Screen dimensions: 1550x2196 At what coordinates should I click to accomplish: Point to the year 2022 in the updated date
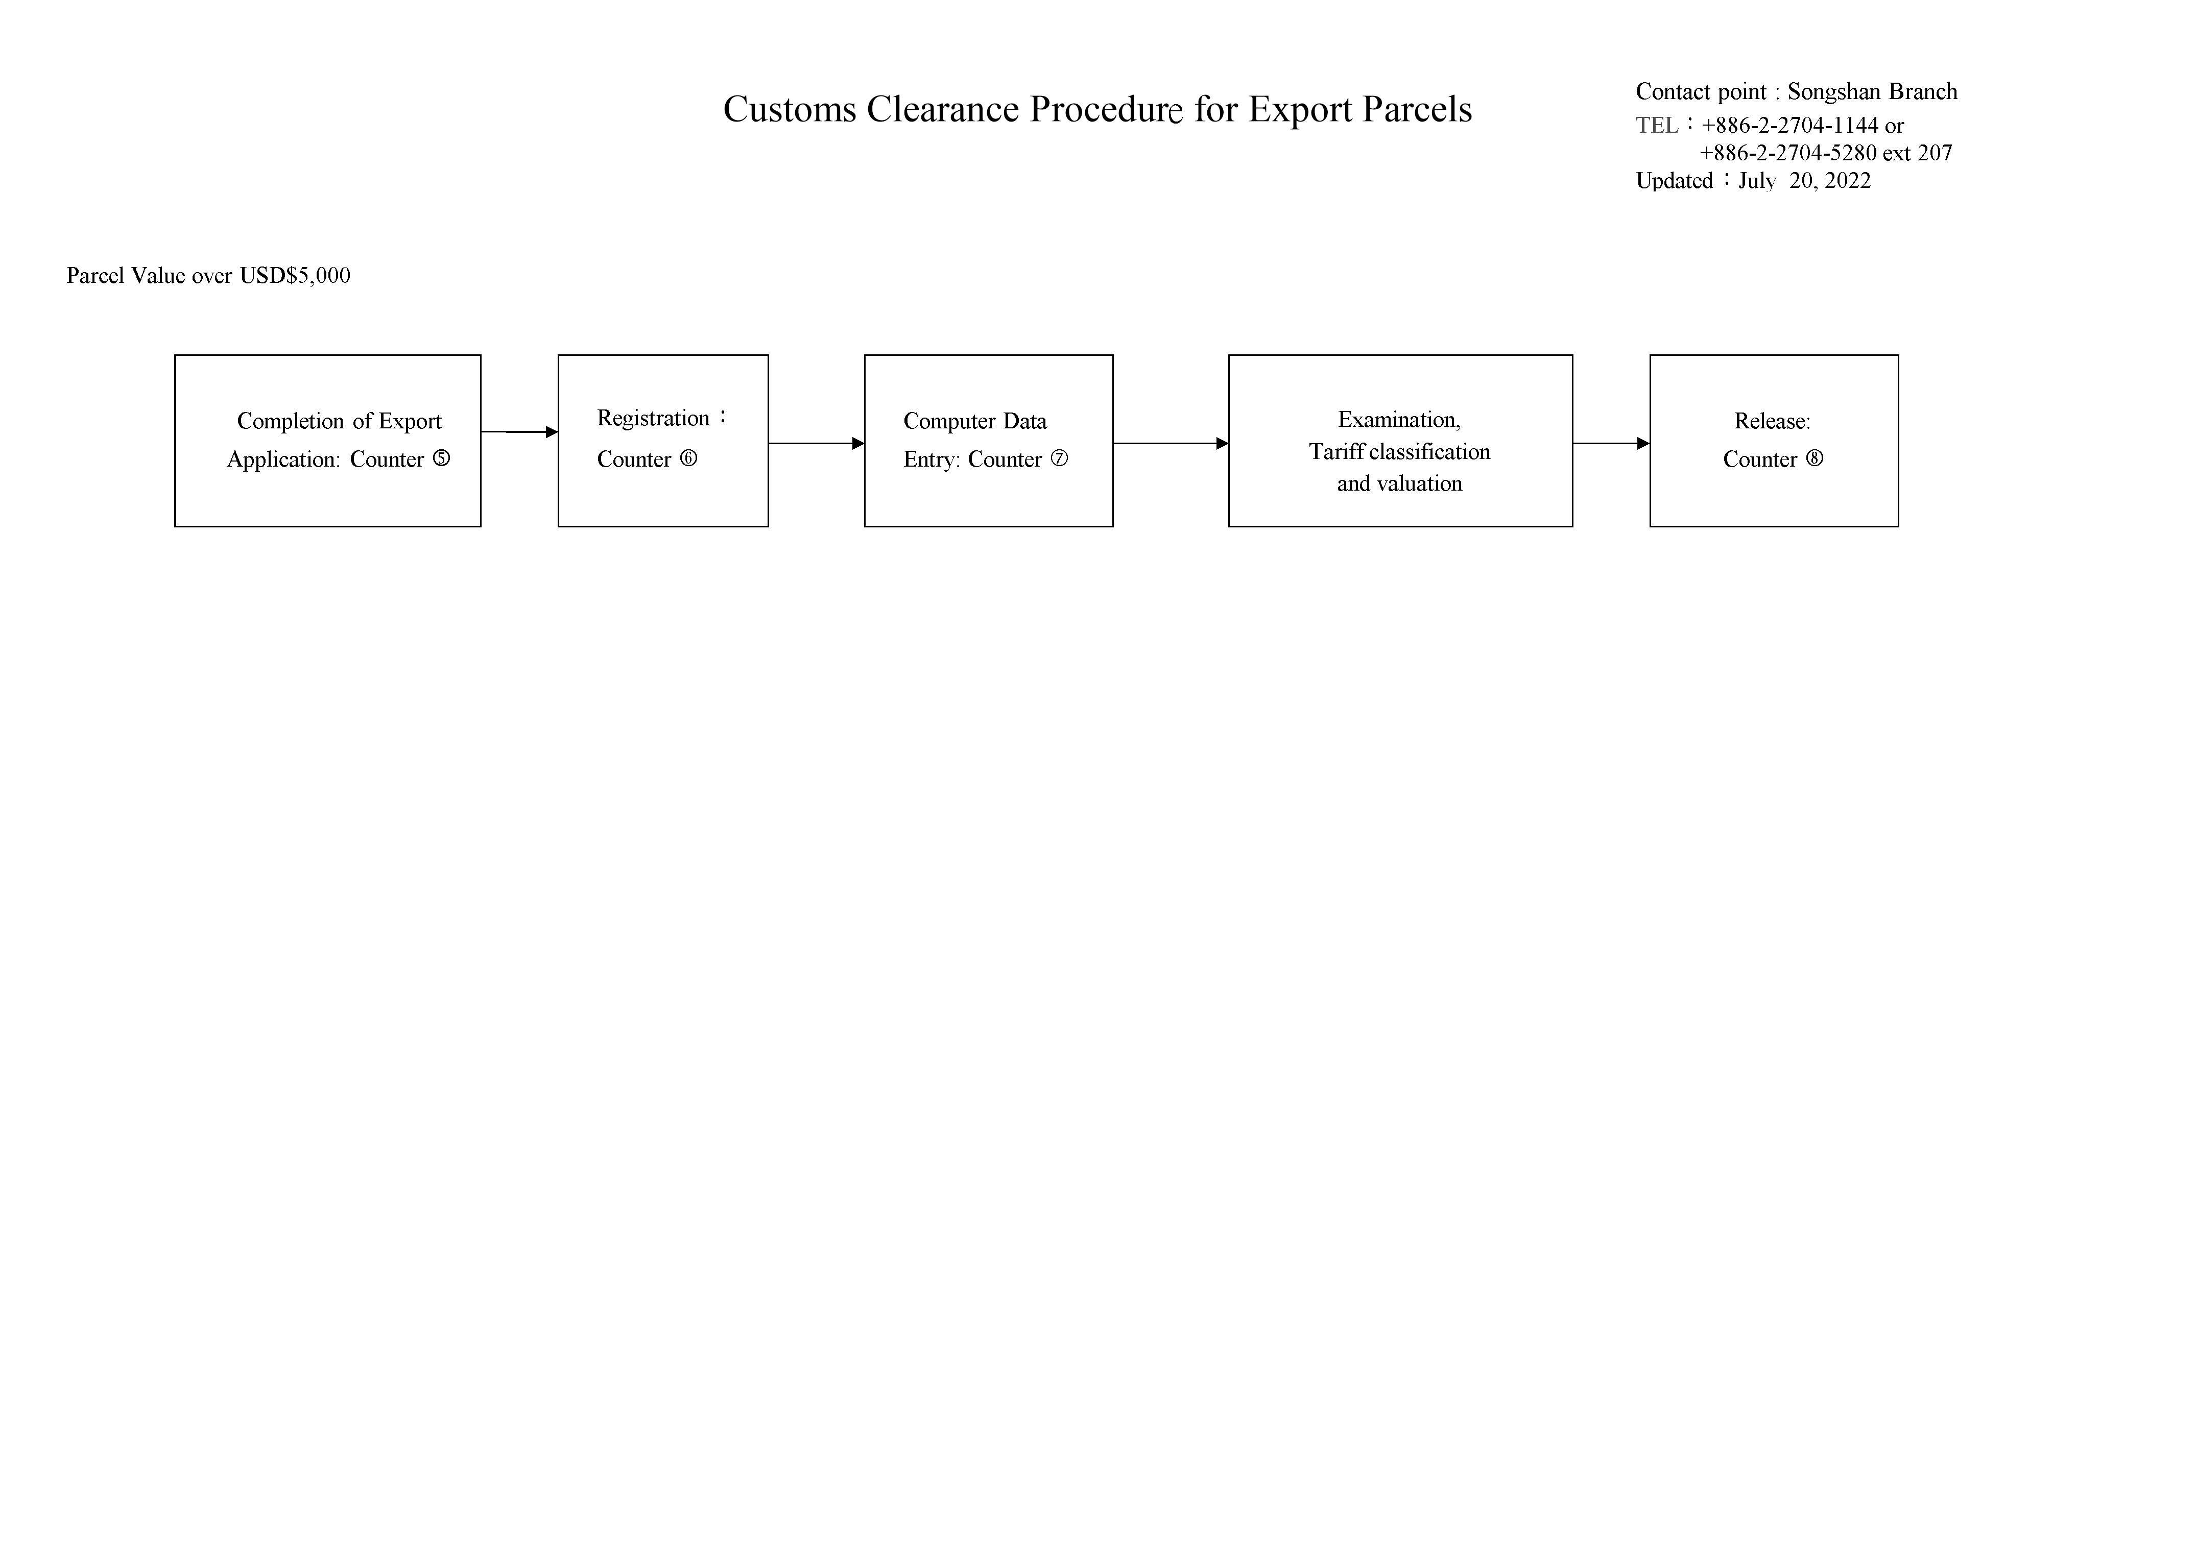click(1848, 181)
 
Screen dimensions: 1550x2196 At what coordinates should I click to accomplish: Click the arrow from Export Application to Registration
click(519, 432)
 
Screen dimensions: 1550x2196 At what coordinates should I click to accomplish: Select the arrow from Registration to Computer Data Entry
click(816, 444)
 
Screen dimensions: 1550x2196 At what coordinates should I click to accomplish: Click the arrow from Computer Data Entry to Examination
click(1171, 444)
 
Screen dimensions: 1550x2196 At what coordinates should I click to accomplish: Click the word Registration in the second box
click(653, 418)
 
